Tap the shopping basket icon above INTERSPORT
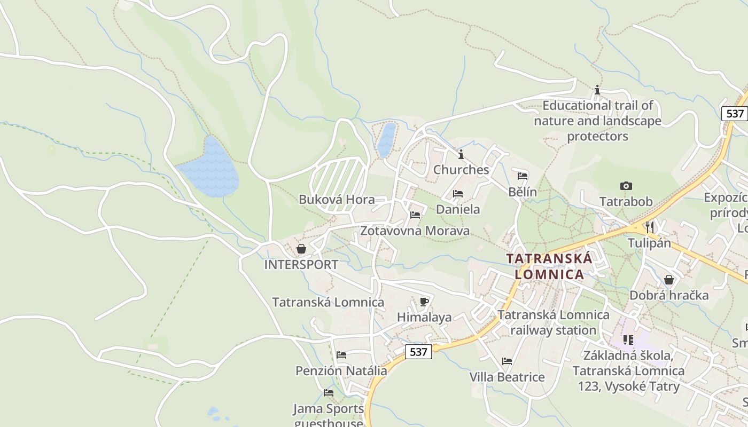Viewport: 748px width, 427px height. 301,249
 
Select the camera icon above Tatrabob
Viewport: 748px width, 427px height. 626,186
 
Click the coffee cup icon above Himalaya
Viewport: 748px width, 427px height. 424,302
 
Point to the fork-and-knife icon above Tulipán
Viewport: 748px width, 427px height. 649,226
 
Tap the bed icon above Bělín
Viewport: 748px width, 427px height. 523,176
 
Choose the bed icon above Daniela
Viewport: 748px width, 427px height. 458,193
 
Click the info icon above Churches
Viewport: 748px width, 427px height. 461,154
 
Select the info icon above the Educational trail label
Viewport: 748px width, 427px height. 597,90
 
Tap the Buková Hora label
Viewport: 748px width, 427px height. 337,200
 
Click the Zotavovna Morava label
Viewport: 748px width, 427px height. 415,231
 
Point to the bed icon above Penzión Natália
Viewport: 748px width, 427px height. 341,354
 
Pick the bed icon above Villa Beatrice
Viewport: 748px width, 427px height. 507,361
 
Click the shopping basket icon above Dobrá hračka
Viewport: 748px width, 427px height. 668,280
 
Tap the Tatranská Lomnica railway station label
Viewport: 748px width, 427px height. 553,322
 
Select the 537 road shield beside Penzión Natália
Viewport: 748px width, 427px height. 418,352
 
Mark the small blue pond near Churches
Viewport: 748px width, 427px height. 387,140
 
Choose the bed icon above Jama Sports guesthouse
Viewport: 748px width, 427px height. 329,393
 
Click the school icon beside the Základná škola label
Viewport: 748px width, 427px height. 628,339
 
